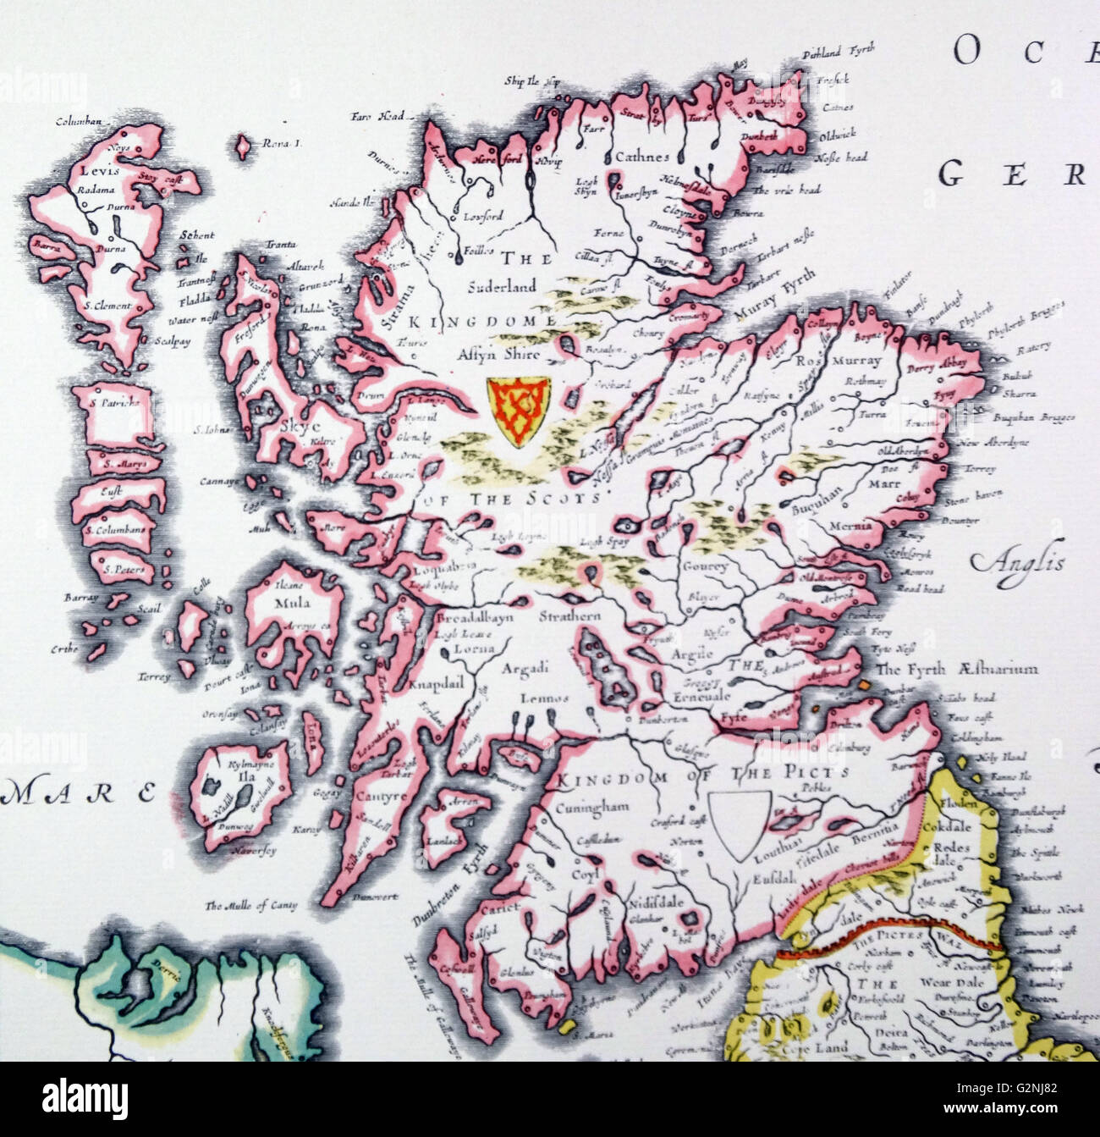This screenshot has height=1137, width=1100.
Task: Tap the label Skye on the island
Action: point(294,428)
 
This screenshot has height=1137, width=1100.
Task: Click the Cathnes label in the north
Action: point(642,157)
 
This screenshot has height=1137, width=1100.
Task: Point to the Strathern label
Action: point(569,616)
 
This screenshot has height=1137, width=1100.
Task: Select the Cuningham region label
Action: point(593,808)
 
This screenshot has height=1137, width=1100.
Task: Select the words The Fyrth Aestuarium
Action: point(958,669)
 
